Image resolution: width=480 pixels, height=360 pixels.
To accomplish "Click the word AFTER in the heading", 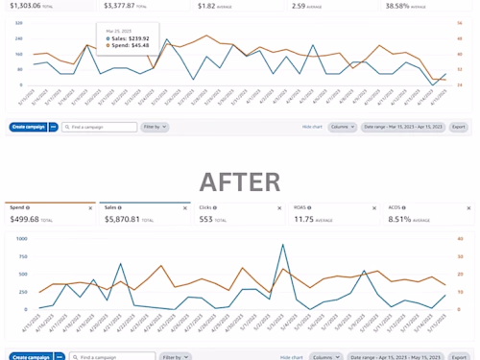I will coord(240,180).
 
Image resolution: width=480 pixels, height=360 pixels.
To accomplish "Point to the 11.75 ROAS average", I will coord(306,219).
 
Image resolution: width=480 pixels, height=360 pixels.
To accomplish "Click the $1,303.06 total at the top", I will coord(25,6).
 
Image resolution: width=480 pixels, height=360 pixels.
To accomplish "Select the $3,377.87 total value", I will coord(124,6).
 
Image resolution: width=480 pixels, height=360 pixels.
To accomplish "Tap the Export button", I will coord(459,127).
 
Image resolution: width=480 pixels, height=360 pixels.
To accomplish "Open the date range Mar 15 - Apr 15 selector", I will coord(403,127).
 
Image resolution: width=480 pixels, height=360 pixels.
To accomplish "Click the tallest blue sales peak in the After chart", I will coord(283,245).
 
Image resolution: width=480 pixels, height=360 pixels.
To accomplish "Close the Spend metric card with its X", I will coord(91,207).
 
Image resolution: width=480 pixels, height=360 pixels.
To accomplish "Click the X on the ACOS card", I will coord(468,207).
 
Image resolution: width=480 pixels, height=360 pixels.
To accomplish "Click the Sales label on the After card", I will coord(111,207).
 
